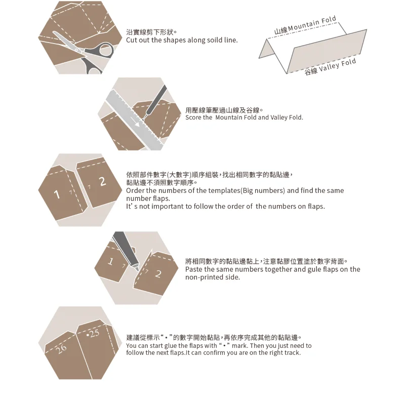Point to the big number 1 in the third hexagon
(57, 194)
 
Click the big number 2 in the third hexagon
(102, 181)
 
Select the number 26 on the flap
(61, 348)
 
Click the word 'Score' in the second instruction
(193, 117)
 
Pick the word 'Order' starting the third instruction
(135, 191)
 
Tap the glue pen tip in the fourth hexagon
(136, 263)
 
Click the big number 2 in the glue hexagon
(158, 274)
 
